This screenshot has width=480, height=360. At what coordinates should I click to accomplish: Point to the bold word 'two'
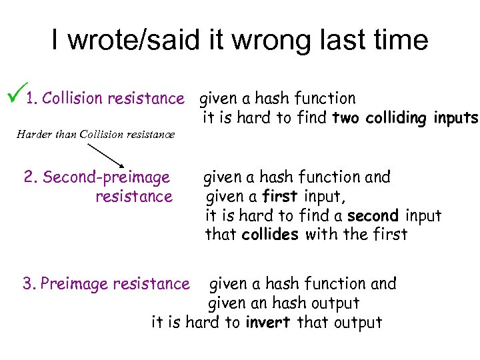pyautogui.click(x=345, y=119)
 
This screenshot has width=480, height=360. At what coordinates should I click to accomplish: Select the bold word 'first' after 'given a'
pyautogui.click(x=280, y=197)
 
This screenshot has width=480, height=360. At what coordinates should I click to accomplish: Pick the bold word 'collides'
pyautogui.click(x=270, y=235)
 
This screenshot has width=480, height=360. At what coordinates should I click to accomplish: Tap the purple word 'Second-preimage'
pyautogui.click(x=106, y=177)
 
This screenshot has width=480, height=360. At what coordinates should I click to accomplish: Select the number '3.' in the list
pyautogui.click(x=29, y=284)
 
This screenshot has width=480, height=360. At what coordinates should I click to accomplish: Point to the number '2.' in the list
pyautogui.click(x=30, y=177)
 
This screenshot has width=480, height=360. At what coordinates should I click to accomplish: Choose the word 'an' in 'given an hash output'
pyautogui.click(x=257, y=303)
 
